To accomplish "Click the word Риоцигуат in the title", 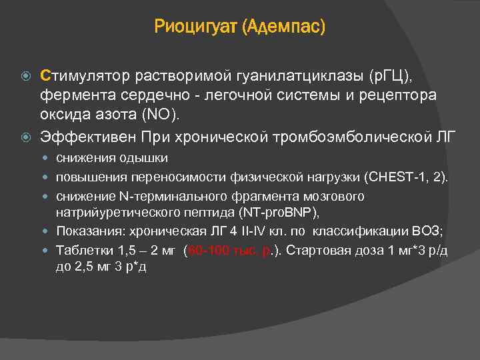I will click(x=196, y=27).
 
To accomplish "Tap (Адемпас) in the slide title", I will click(x=284, y=27).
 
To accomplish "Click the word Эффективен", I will click(x=89, y=137).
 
